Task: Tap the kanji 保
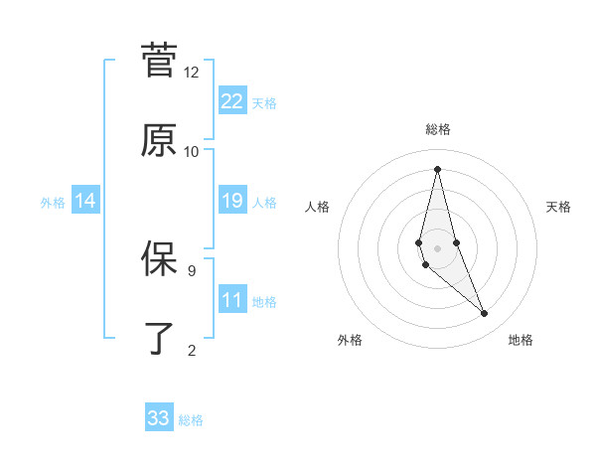point(159,257)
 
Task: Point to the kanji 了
point(159,338)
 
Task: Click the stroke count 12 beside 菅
point(192,73)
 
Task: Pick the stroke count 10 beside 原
point(192,152)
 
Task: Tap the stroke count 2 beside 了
point(192,350)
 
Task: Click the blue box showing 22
point(232,100)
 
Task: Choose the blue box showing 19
point(232,201)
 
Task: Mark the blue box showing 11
point(232,300)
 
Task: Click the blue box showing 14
point(85,201)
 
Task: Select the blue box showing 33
point(159,418)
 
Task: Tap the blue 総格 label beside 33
point(191,420)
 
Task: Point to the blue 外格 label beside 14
point(53,203)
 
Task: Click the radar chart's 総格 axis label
point(437,129)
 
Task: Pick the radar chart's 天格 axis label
point(558,207)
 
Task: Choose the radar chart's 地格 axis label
point(521,341)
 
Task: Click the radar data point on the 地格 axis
point(485,314)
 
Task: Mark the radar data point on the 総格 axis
point(437,169)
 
